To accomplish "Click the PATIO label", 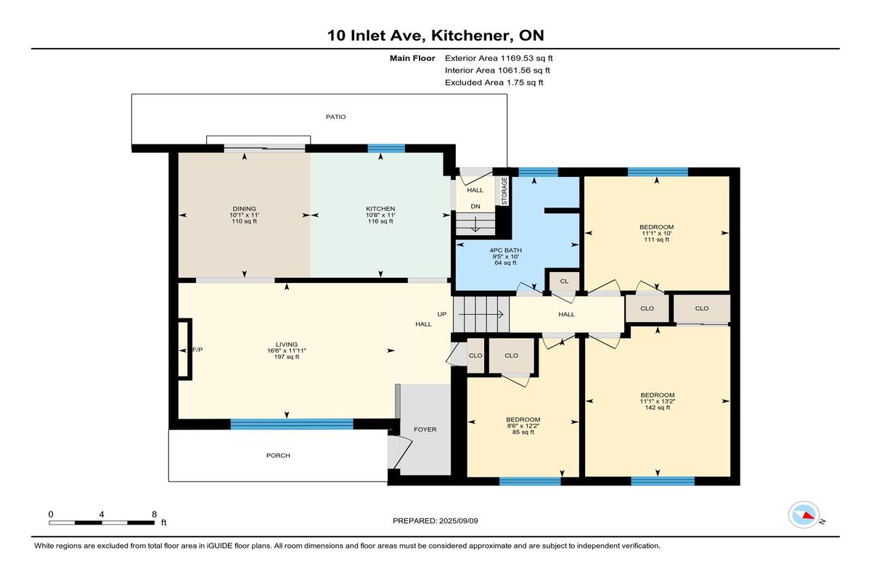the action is coord(335,117).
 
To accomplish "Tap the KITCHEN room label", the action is coord(380,209).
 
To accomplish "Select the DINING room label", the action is coord(244,209).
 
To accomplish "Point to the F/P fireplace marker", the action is coord(197,350).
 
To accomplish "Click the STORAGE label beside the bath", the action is coord(504,191).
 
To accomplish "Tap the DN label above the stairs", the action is coord(475,206).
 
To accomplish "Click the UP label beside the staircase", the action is coord(442,314).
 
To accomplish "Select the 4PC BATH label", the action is coord(505,250).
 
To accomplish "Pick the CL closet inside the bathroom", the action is coord(564,281).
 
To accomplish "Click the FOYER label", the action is coord(425,429).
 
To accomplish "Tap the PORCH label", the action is coord(278,456).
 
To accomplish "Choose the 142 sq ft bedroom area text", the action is coord(658,408).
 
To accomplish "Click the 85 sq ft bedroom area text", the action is coord(523,432).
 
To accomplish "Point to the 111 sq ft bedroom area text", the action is coord(657,239).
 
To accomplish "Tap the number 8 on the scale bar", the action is coord(155,514).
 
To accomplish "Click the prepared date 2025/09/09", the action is coord(459,521).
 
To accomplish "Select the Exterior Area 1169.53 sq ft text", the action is coord(499,58).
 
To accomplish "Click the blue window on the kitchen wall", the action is coord(386,148).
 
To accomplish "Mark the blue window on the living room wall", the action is coord(292,424).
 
